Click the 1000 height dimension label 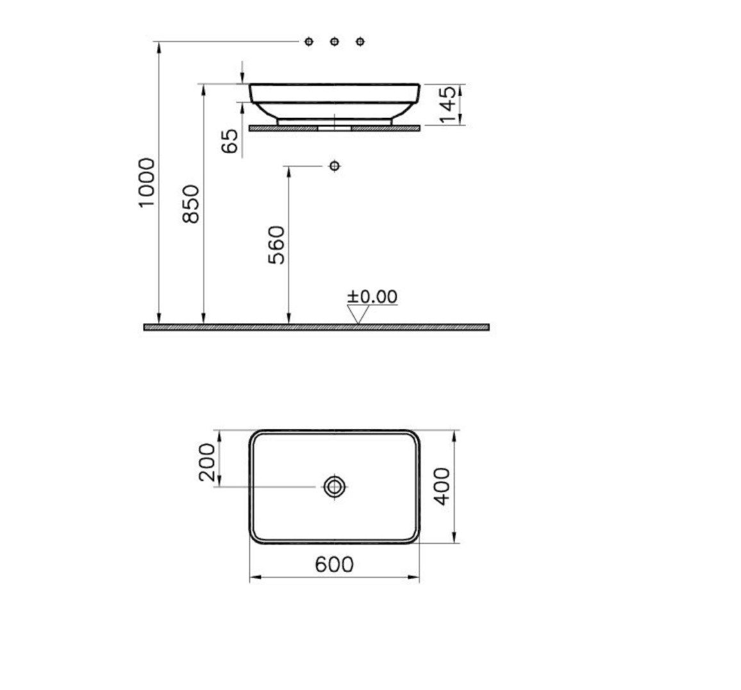(147, 182)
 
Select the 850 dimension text (191, 204)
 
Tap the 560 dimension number (276, 244)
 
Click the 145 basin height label (449, 104)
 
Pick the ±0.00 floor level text (372, 297)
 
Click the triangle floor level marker (358, 314)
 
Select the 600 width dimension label (334, 564)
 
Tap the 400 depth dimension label (442, 487)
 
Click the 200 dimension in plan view (208, 462)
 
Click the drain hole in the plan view (334, 487)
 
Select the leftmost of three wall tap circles (309, 42)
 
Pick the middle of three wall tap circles (334, 42)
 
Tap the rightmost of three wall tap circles (360, 42)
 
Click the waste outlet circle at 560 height (334, 167)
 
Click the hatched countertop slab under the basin (385, 128)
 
